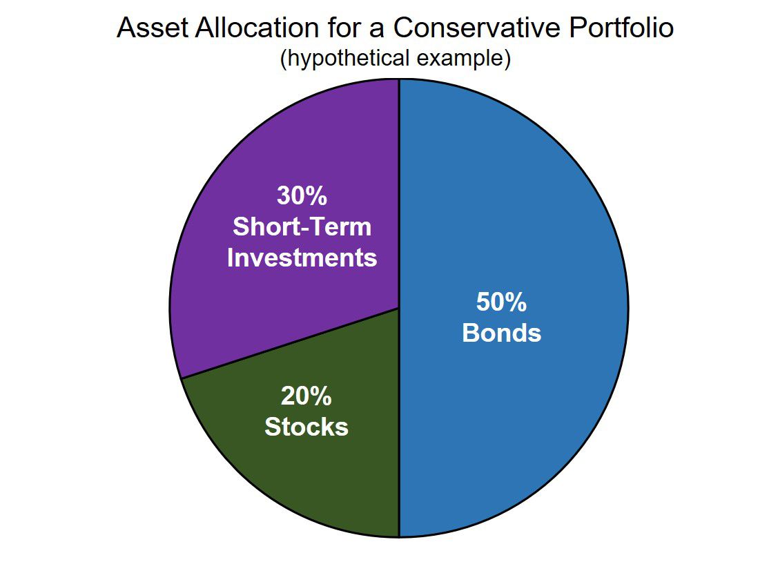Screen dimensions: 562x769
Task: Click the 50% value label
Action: pos(501,302)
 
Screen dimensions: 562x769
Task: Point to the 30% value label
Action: pos(302,196)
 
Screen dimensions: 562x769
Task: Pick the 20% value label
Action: pos(306,396)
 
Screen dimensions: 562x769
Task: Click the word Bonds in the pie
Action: pos(501,333)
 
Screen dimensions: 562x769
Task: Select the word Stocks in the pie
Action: pos(306,427)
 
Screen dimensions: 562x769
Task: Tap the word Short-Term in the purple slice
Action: pos(302,227)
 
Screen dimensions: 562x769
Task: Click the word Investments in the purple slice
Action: pos(302,258)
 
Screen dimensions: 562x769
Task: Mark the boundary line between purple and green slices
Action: pos(290,343)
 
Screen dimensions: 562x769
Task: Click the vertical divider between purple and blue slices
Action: pos(399,193)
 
